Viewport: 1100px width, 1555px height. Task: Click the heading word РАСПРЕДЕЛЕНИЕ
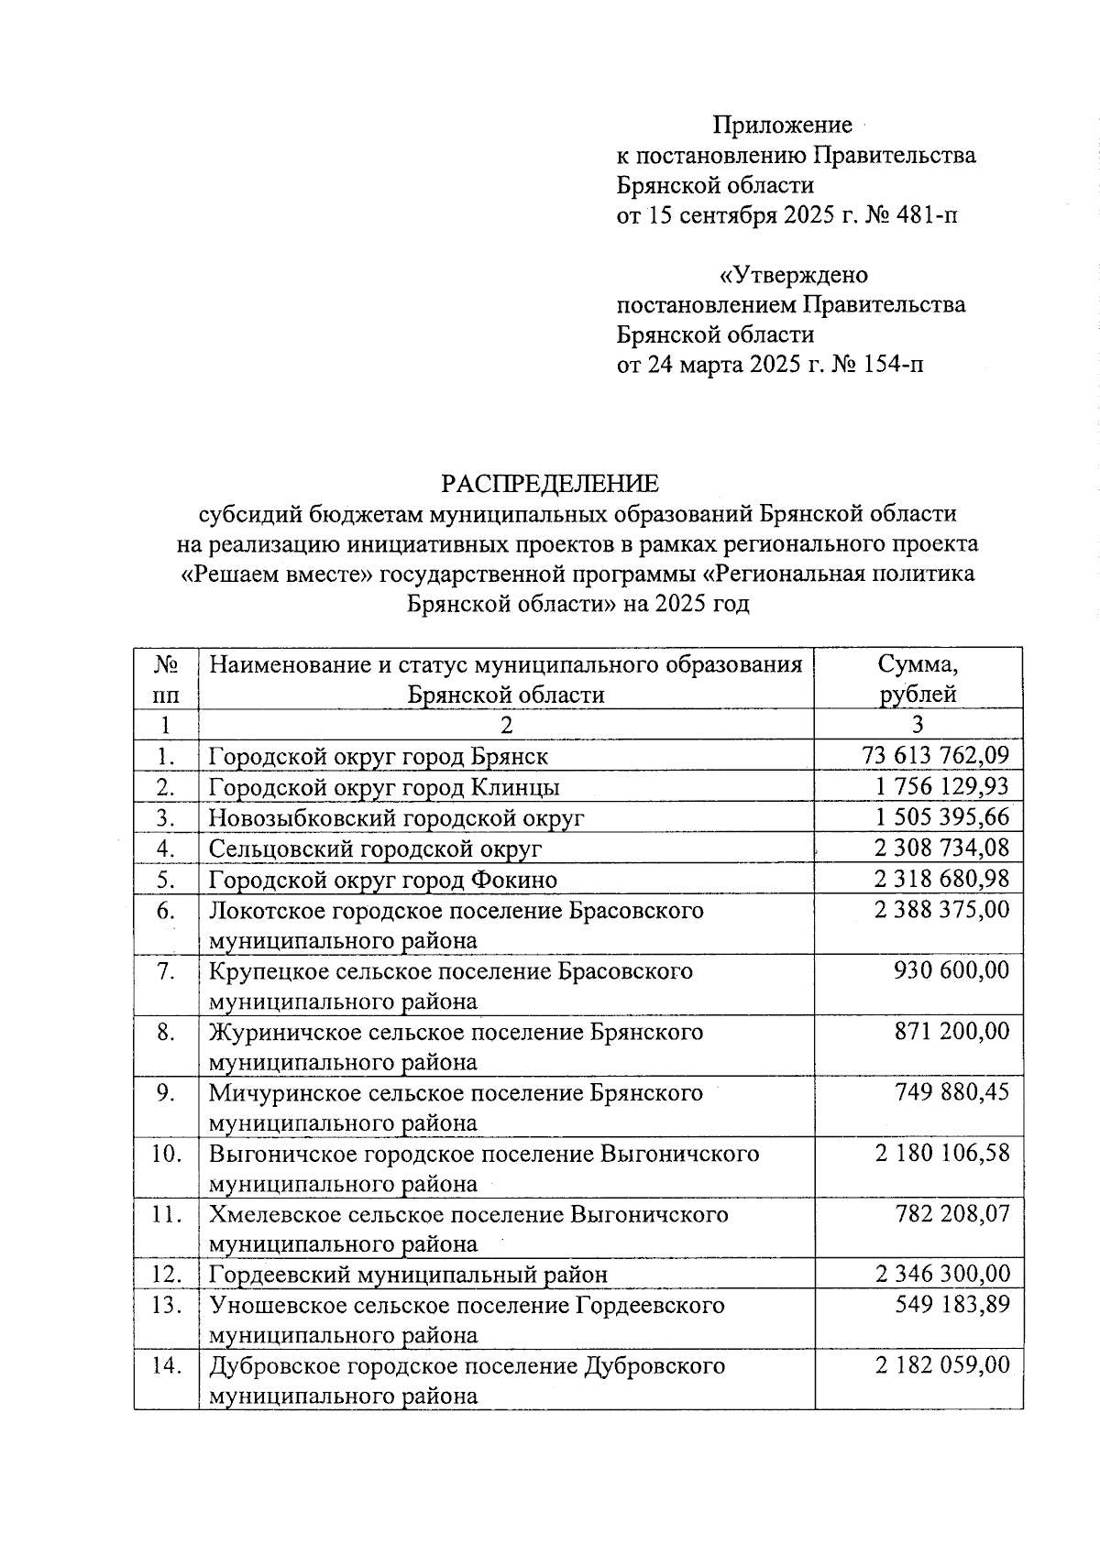[x=550, y=483]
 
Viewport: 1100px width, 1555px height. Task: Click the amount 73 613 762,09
[x=936, y=756]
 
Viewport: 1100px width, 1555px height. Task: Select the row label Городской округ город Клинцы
[x=384, y=787]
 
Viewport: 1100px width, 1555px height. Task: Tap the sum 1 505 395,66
[x=941, y=817]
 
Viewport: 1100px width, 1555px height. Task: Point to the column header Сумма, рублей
[x=918, y=678]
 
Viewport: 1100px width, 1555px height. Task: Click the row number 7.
[x=166, y=971]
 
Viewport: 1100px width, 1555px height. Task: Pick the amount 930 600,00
[x=951, y=970]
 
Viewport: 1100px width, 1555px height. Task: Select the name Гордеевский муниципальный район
[x=408, y=1275]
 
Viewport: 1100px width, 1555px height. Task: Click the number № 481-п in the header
[x=912, y=215]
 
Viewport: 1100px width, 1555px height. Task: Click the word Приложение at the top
[x=783, y=125]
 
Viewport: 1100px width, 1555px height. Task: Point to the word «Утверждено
[x=794, y=275]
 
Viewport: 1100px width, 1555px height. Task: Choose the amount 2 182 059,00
[x=942, y=1365]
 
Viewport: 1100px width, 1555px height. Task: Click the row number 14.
[x=166, y=1365]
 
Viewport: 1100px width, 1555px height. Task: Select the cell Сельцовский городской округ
[x=375, y=849]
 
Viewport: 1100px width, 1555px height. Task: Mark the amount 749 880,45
[x=951, y=1092]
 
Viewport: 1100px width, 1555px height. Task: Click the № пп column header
[x=166, y=678]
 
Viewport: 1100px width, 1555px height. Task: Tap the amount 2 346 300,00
[x=942, y=1274]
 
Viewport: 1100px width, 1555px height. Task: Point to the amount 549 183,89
[x=951, y=1304]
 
